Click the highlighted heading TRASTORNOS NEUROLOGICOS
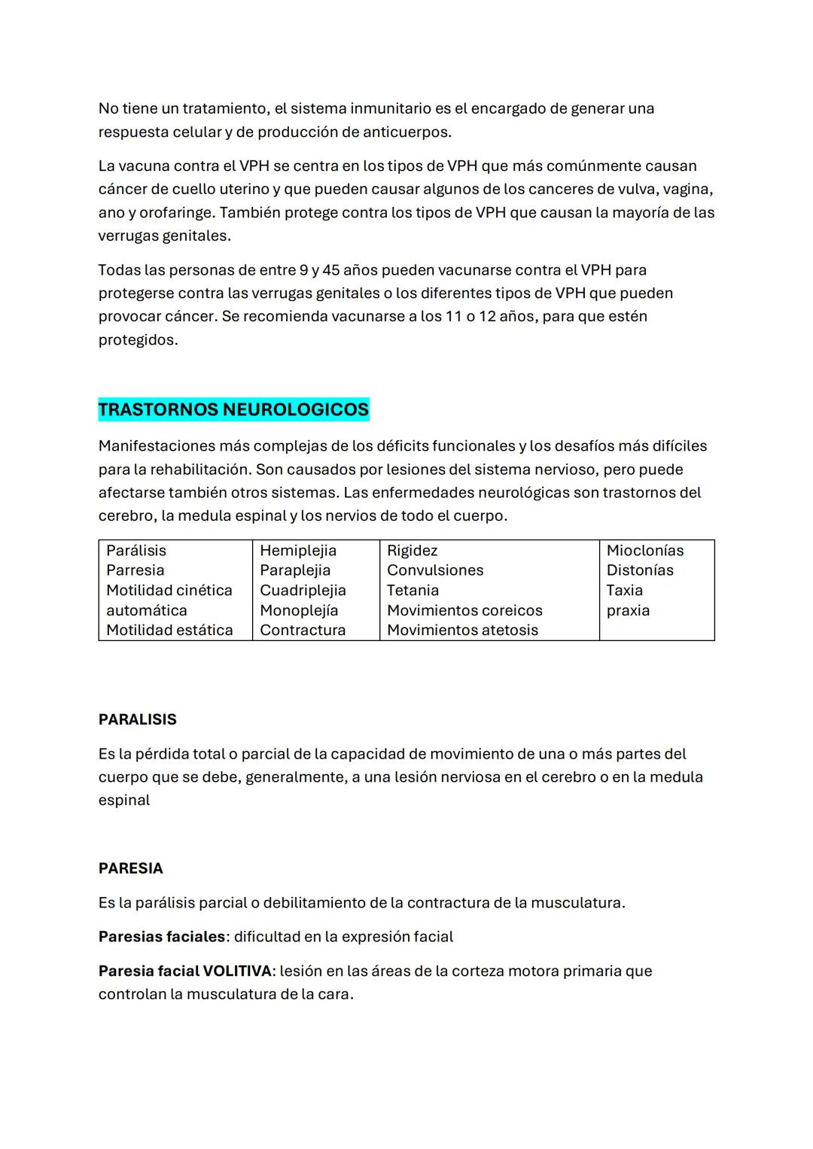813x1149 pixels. point(233,409)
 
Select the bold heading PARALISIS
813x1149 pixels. point(137,719)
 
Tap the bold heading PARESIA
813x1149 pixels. point(130,868)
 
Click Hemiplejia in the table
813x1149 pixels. point(298,550)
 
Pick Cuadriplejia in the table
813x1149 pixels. point(303,590)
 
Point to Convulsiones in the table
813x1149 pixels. point(435,570)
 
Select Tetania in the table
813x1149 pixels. point(413,590)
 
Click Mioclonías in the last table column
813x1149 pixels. point(645,550)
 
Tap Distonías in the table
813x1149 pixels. point(640,570)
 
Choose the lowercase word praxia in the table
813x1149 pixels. point(628,610)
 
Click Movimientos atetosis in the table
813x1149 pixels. point(462,630)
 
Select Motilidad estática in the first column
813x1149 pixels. point(169,630)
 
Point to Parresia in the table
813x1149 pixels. point(135,570)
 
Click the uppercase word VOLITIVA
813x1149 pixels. point(237,971)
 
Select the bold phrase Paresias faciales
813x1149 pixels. point(162,937)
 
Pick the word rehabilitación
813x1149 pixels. point(198,470)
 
